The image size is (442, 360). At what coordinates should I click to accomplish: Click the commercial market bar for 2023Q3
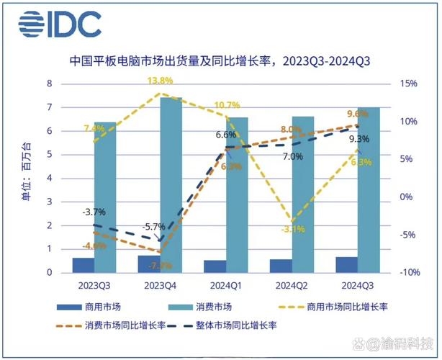pos(84,265)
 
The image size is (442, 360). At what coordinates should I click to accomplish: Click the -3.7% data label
pos(93,212)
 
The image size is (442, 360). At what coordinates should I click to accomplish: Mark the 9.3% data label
pos(358,139)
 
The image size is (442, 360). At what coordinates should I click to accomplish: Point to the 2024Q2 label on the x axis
pos(292,284)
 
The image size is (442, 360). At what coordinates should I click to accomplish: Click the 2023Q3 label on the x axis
pos(94,284)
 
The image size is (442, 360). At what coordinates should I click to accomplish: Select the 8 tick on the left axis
pos(50,84)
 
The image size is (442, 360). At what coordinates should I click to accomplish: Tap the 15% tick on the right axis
pos(407,84)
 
